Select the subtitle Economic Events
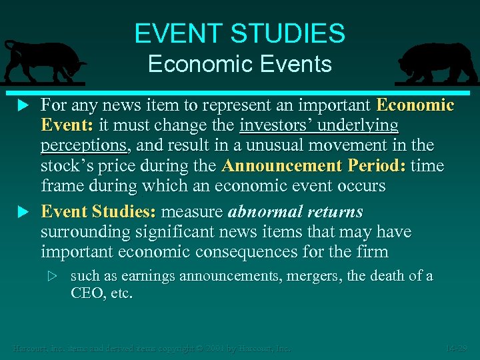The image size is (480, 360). coord(239,64)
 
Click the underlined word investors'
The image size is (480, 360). coord(275,125)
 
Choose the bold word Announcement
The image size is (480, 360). coord(276,165)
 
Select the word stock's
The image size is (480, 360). coord(67,165)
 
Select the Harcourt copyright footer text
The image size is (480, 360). coord(153,348)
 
